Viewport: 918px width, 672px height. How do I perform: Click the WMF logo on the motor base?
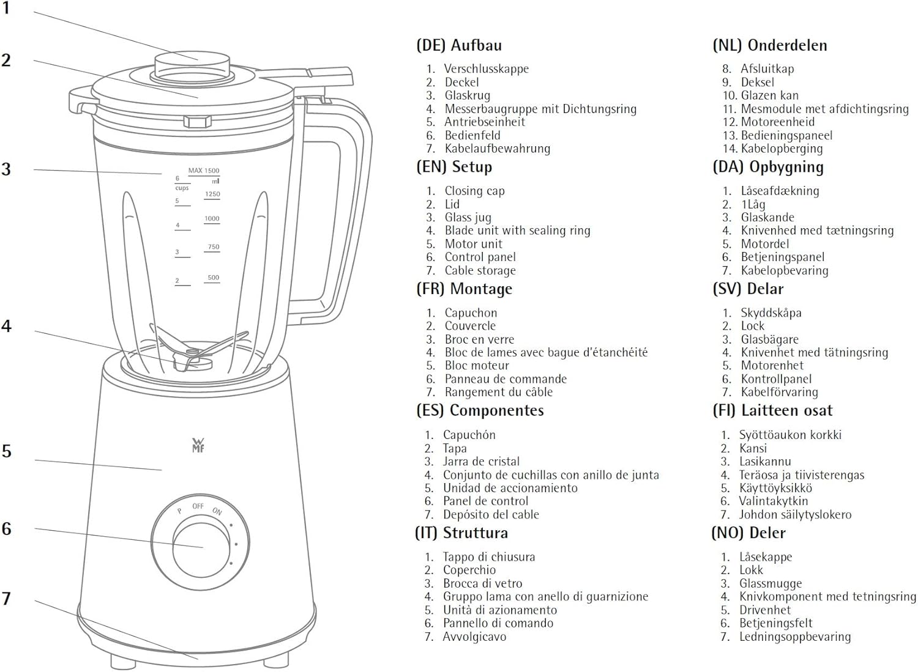coord(198,445)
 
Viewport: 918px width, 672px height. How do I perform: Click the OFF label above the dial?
coord(198,506)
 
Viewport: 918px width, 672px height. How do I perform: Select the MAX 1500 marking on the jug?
coord(203,171)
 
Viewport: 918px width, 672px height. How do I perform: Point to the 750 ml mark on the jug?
coord(213,247)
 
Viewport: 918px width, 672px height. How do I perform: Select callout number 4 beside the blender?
coord(7,326)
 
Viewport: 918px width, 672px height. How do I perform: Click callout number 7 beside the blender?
coord(7,598)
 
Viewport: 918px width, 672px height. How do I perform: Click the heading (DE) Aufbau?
coord(458,45)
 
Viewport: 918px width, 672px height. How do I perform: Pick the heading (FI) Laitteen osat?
coord(772,410)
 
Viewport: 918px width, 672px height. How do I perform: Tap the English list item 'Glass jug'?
coord(468,217)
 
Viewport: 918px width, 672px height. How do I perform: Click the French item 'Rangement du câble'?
coord(498,392)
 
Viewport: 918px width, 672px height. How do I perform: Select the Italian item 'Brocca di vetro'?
coord(482,583)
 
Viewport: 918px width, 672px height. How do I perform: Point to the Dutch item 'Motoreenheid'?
coord(777,122)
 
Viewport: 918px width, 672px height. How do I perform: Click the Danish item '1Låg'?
coord(753,204)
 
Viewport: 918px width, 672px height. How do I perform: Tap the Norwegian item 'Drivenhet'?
coord(764,610)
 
